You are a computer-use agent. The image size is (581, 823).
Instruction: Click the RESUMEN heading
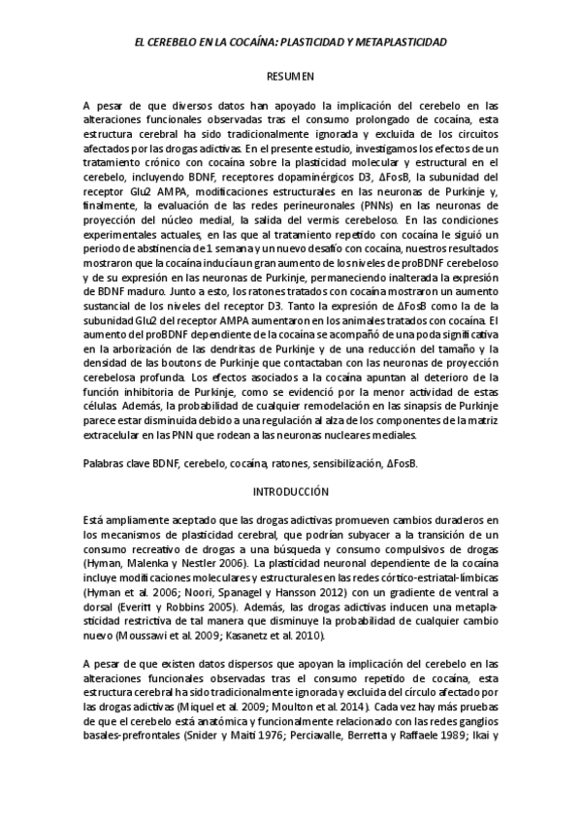pyautogui.click(x=290, y=75)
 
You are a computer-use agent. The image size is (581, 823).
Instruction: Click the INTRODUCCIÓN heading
pyautogui.click(x=290, y=491)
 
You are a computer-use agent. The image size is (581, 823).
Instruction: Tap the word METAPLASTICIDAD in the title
pyautogui.click(x=394, y=44)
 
